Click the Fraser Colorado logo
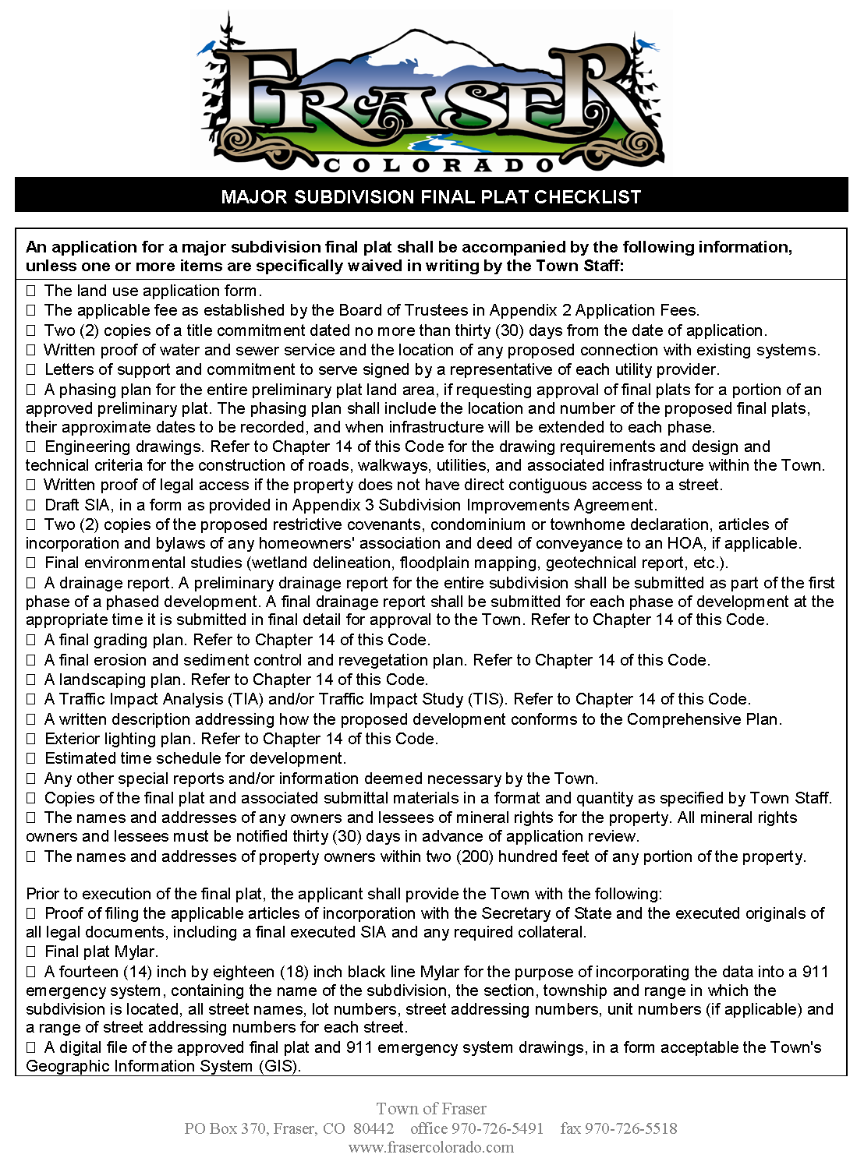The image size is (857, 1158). (x=431, y=92)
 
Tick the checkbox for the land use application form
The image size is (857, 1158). (x=31, y=291)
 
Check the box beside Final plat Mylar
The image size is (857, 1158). (x=31, y=952)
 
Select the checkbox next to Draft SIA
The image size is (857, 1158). (x=31, y=506)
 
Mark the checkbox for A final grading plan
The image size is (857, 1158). (x=31, y=641)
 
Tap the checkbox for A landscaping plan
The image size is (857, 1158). (x=31, y=680)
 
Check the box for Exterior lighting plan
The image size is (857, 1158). (x=31, y=740)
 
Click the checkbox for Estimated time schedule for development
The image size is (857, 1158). (x=31, y=759)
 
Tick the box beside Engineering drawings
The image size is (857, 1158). (x=31, y=447)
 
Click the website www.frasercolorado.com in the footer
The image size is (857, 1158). (x=431, y=1147)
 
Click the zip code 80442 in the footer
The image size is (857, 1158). (x=374, y=1128)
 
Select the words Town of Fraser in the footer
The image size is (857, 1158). (x=431, y=1109)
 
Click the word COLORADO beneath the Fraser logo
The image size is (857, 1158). (x=438, y=165)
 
